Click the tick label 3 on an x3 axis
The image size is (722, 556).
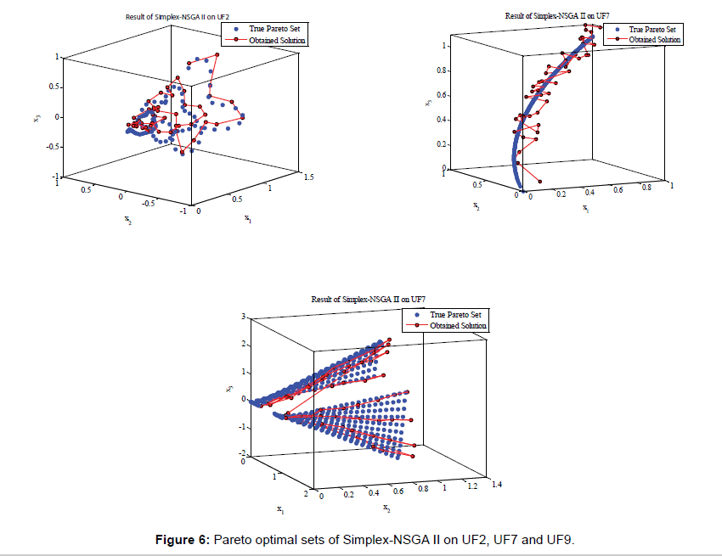tap(243, 316)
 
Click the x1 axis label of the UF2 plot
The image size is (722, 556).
tap(248, 219)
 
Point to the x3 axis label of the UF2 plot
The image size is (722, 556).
tap(37, 117)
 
